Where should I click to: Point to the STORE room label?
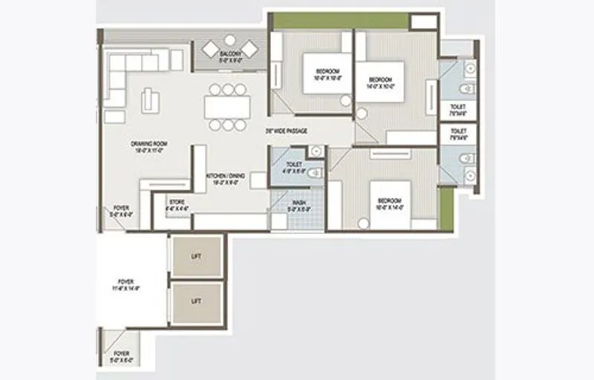[x=177, y=205]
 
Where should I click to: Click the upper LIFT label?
[x=196, y=256]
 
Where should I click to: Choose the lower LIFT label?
[x=196, y=301]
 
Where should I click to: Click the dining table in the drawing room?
[x=227, y=106]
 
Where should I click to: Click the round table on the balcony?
[x=229, y=39]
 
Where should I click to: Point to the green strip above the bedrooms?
[x=340, y=20]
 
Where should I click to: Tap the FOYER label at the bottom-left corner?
[x=122, y=355]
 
